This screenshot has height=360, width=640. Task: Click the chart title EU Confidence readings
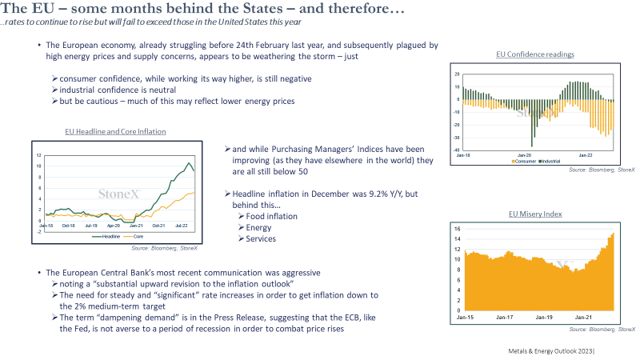[x=535, y=54]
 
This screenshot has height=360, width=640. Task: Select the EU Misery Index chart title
[x=535, y=214]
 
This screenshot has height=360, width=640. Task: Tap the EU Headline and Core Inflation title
[x=115, y=131]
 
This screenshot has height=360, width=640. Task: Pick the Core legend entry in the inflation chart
[x=134, y=236]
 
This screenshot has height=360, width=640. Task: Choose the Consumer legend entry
[x=524, y=162]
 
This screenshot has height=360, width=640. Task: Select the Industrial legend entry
[x=550, y=162]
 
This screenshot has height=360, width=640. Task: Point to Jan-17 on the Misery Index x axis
[x=505, y=317]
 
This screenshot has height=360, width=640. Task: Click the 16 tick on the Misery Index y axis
[x=457, y=229]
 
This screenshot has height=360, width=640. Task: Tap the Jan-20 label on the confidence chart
[x=525, y=155]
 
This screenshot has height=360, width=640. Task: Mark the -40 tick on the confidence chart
[x=457, y=150]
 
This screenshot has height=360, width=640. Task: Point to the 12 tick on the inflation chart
[x=38, y=155]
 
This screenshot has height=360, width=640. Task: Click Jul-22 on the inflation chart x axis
[x=182, y=226]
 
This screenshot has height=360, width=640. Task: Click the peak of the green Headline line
[x=189, y=163]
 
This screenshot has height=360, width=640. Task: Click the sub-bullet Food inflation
[x=271, y=216]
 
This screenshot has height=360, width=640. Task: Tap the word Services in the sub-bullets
[x=261, y=238]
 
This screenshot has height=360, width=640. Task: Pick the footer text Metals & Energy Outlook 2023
[x=550, y=351]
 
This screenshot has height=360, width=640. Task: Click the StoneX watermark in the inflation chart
[x=119, y=194]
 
